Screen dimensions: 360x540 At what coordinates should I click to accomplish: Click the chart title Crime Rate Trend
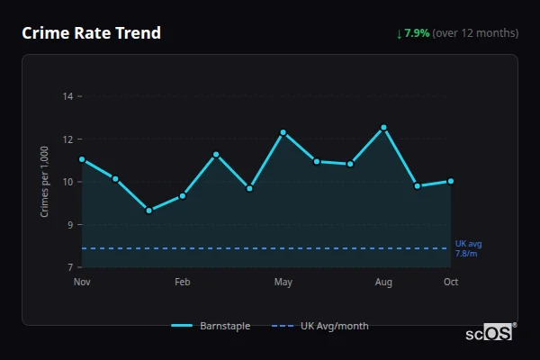pyautogui.click(x=91, y=33)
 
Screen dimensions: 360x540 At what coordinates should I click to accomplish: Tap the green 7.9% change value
pyautogui.click(x=417, y=33)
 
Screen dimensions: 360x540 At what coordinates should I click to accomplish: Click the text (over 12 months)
pyautogui.click(x=475, y=33)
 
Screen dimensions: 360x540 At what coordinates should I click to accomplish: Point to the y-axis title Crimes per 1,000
pyautogui.click(x=45, y=181)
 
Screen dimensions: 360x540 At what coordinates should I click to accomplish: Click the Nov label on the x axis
pyautogui.click(x=82, y=283)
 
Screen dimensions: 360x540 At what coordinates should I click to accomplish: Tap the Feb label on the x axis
pyautogui.click(x=183, y=283)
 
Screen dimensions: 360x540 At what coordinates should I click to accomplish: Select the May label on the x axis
pyautogui.click(x=283, y=283)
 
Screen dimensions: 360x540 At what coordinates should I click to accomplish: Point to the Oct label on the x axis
pyautogui.click(x=451, y=283)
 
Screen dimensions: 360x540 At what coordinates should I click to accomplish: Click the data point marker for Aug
pyautogui.click(x=383, y=128)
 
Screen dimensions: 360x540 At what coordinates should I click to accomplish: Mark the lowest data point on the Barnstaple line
pyautogui.click(x=148, y=211)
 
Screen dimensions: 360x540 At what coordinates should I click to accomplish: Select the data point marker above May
pyautogui.click(x=283, y=132)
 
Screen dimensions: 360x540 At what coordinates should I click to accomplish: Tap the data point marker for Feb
pyautogui.click(x=183, y=195)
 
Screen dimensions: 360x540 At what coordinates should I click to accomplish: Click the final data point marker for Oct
pyautogui.click(x=451, y=181)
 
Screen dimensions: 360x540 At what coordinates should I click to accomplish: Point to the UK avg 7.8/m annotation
pyautogui.click(x=468, y=248)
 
